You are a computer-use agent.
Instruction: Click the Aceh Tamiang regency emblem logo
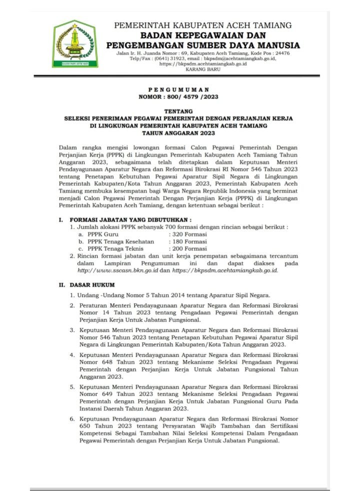coord(75,44)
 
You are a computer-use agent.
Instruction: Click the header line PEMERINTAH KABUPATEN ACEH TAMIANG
coord(203,25)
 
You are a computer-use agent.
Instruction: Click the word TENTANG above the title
coord(178,111)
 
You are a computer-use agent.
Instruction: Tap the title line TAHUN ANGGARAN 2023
coord(178,133)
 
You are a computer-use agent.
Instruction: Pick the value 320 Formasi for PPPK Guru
coord(188,234)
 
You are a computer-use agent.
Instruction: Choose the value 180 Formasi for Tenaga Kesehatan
coord(188,241)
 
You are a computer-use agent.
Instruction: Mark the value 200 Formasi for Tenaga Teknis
coord(188,248)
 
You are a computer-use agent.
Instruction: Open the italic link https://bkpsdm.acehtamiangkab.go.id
coord(225,270)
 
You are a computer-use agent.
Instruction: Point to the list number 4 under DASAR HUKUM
coord(72,354)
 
